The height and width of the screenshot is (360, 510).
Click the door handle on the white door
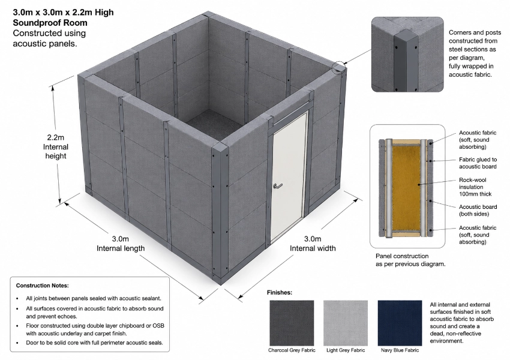point(277,185)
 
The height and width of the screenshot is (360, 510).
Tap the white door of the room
point(289,177)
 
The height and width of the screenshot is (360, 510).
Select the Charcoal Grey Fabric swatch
point(292,323)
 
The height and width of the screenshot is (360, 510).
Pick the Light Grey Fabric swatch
point(346,323)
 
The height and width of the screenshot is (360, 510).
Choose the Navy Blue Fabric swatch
point(400,323)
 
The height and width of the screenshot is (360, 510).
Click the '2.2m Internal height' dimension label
point(56,146)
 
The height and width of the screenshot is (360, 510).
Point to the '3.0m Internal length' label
point(121,244)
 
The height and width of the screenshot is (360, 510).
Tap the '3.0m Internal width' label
point(313,244)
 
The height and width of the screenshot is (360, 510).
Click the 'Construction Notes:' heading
point(42,286)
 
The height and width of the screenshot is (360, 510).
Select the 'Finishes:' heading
point(280,292)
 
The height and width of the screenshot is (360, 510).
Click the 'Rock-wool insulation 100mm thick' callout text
point(475,187)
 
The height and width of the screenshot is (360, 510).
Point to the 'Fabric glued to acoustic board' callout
point(478,163)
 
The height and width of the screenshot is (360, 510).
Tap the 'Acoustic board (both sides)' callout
point(478,210)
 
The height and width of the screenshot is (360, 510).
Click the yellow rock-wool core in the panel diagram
point(407,187)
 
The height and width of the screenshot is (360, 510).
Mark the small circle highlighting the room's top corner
point(338,67)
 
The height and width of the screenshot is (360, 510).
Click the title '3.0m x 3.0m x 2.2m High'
point(64,13)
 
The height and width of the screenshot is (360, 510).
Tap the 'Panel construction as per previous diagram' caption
point(410,260)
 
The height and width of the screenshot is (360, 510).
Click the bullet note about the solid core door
point(94,343)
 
